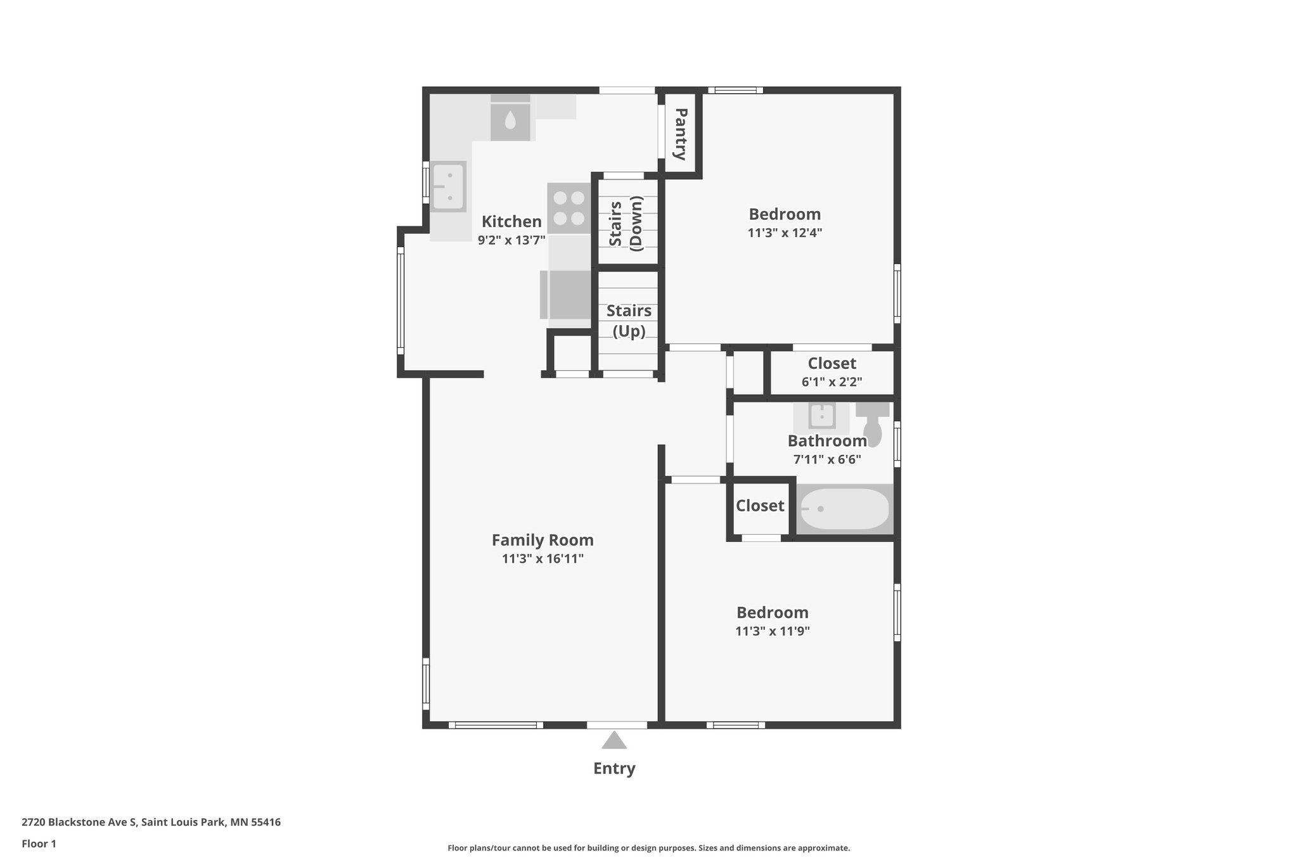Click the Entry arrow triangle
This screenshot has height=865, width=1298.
(x=614, y=740)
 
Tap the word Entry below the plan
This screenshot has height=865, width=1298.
(x=614, y=769)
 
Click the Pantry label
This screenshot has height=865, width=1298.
(x=681, y=134)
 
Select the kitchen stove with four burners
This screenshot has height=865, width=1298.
(x=569, y=208)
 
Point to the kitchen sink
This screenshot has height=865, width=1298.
(x=449, y=186)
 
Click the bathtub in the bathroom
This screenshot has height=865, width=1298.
(x=844, y=509)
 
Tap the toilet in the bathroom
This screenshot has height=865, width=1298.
(x=872, y=423)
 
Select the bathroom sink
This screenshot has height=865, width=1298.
(x=822, y=416)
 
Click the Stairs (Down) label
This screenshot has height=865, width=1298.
(x=626, y=223)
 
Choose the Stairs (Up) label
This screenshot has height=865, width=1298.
(x=629, y=321)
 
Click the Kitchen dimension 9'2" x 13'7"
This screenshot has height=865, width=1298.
(x=511, y=240)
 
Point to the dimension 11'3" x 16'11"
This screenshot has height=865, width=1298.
(x=543, y=559)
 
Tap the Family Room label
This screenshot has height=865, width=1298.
(x=543, y=540)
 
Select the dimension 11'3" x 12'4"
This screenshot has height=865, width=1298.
(x=785, y=233)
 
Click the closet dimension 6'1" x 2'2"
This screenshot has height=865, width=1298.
(x=832, y=382)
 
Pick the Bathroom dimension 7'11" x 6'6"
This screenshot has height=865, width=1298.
(x=827, y=459)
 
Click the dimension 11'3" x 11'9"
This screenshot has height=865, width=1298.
(x=773, y=631)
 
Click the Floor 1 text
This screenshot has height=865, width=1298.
(x=39, y=844)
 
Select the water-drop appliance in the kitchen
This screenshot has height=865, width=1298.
(x=510, y=120)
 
